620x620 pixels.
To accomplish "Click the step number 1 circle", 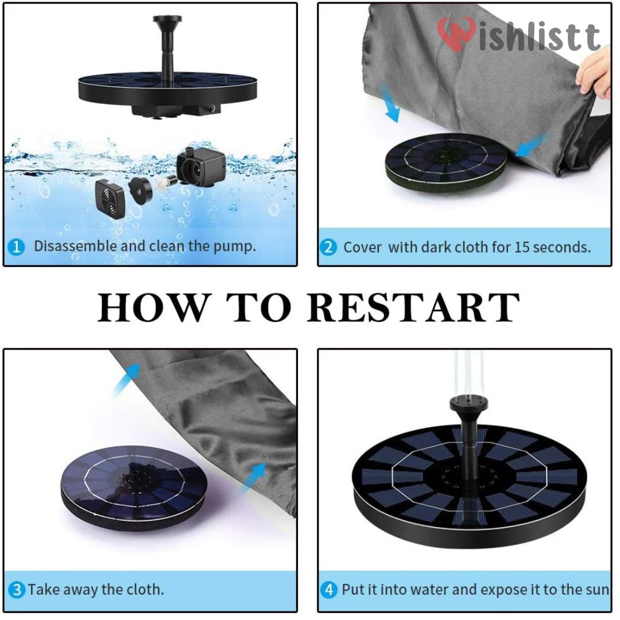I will tap(17, 247).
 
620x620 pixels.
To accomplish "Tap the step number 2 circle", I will tap(328, 248).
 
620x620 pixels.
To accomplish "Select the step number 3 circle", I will tap(17, 590).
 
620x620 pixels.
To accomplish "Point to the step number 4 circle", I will tap(329, 590).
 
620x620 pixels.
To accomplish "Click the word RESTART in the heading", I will tap(413, 308).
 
